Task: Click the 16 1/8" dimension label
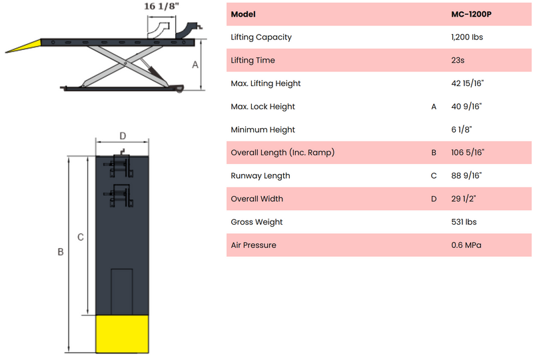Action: point(161,7)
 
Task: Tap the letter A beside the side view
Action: point(195,65)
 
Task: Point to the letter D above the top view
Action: point(123,136)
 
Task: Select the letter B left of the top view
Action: point(61,252)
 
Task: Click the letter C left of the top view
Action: point(81,237)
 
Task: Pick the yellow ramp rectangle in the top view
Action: point(122,334)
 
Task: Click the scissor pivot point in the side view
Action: point(125,63)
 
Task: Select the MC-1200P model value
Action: point(471,14)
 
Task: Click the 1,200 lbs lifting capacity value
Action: point(467,37)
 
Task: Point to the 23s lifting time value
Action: point(458,60)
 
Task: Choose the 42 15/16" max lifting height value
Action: point(468,83)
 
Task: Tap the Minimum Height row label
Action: point(263,129)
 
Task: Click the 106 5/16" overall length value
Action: point(468,153)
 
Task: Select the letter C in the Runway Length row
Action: point(434,176)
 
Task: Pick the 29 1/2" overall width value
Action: point(464,199)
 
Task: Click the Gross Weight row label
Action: point(257,222)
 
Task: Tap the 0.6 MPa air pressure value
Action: point(466,245)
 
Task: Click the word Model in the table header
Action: point(243,14)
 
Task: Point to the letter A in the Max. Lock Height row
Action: point(434,107)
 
